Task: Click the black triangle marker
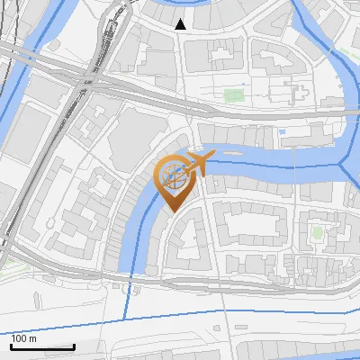[181, 24]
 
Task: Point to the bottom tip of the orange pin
[172, 211]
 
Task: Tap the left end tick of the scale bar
[12, 345]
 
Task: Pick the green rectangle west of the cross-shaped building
[234, 93]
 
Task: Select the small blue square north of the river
[283, 132]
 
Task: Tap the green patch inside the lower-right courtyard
[317, 232]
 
